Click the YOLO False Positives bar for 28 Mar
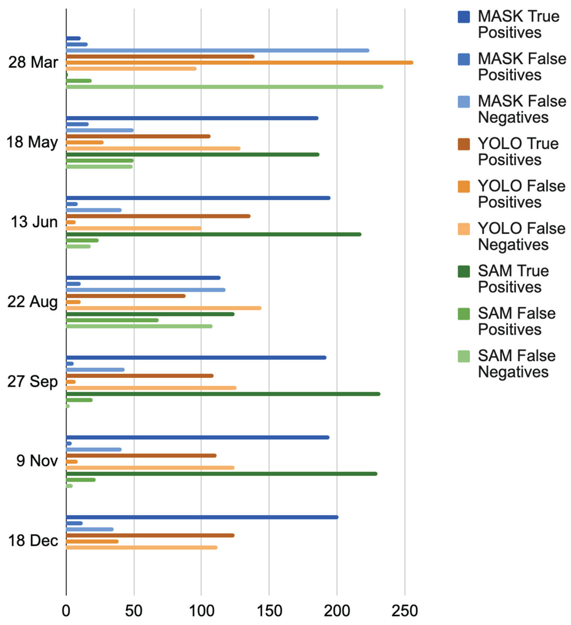click(x=239, y=63)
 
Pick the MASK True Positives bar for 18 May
click(x=192, y=118)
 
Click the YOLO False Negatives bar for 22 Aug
click(x=164, y=308)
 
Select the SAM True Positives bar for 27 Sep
click(x=223, y=394)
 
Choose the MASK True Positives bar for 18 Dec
click(x=202, y=517)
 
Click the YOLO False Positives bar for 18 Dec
click(x=92, y=541)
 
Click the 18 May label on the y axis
click(x=32, y=142)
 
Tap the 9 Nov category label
click(x=37, y=461)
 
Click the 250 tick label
click(x=405, y=611)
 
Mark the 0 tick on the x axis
click(x=66, y=611)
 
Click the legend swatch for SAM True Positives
click(x=464, y=271)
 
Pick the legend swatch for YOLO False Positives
click(x=464, y=187)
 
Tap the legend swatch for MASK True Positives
click(x=464, y=17)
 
